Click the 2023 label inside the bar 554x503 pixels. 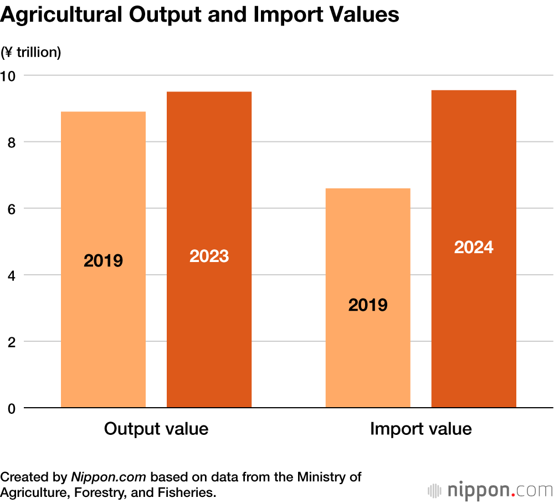(x=209, y=256)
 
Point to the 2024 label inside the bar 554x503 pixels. (x=474, y=247)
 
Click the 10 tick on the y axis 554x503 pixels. (x=9, y=75)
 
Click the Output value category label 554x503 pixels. (x=156, y=429)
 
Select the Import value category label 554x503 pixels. (x=420, y=429)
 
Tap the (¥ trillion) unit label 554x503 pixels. (x=31, y=53)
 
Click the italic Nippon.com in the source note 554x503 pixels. (x=108, y=477)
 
